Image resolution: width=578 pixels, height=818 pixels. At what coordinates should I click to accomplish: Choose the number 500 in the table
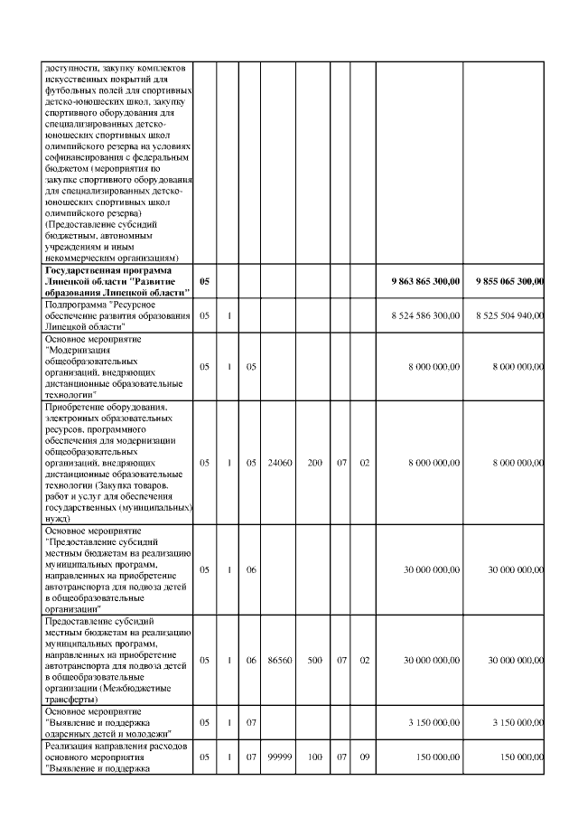pyautogui.click(x=314, y=661)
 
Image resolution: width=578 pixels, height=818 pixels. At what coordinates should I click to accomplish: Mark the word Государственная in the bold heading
pyautogui.click(x=79, y=270)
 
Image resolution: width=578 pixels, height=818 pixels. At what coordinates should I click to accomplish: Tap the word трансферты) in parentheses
pyautogui.click(x=70, y=700)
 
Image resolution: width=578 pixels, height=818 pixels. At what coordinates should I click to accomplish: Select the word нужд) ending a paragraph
pyautogui.click(x=57, y=518)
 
